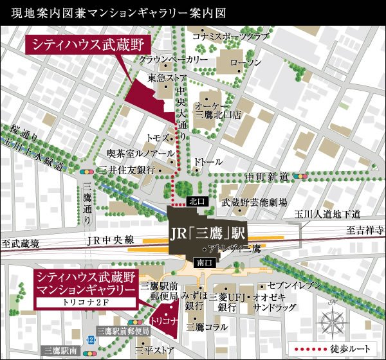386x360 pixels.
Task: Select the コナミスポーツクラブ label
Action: click(230, 37)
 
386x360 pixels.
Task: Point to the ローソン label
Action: click(246, 62)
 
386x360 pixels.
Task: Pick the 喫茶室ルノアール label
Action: click(140, 154)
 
